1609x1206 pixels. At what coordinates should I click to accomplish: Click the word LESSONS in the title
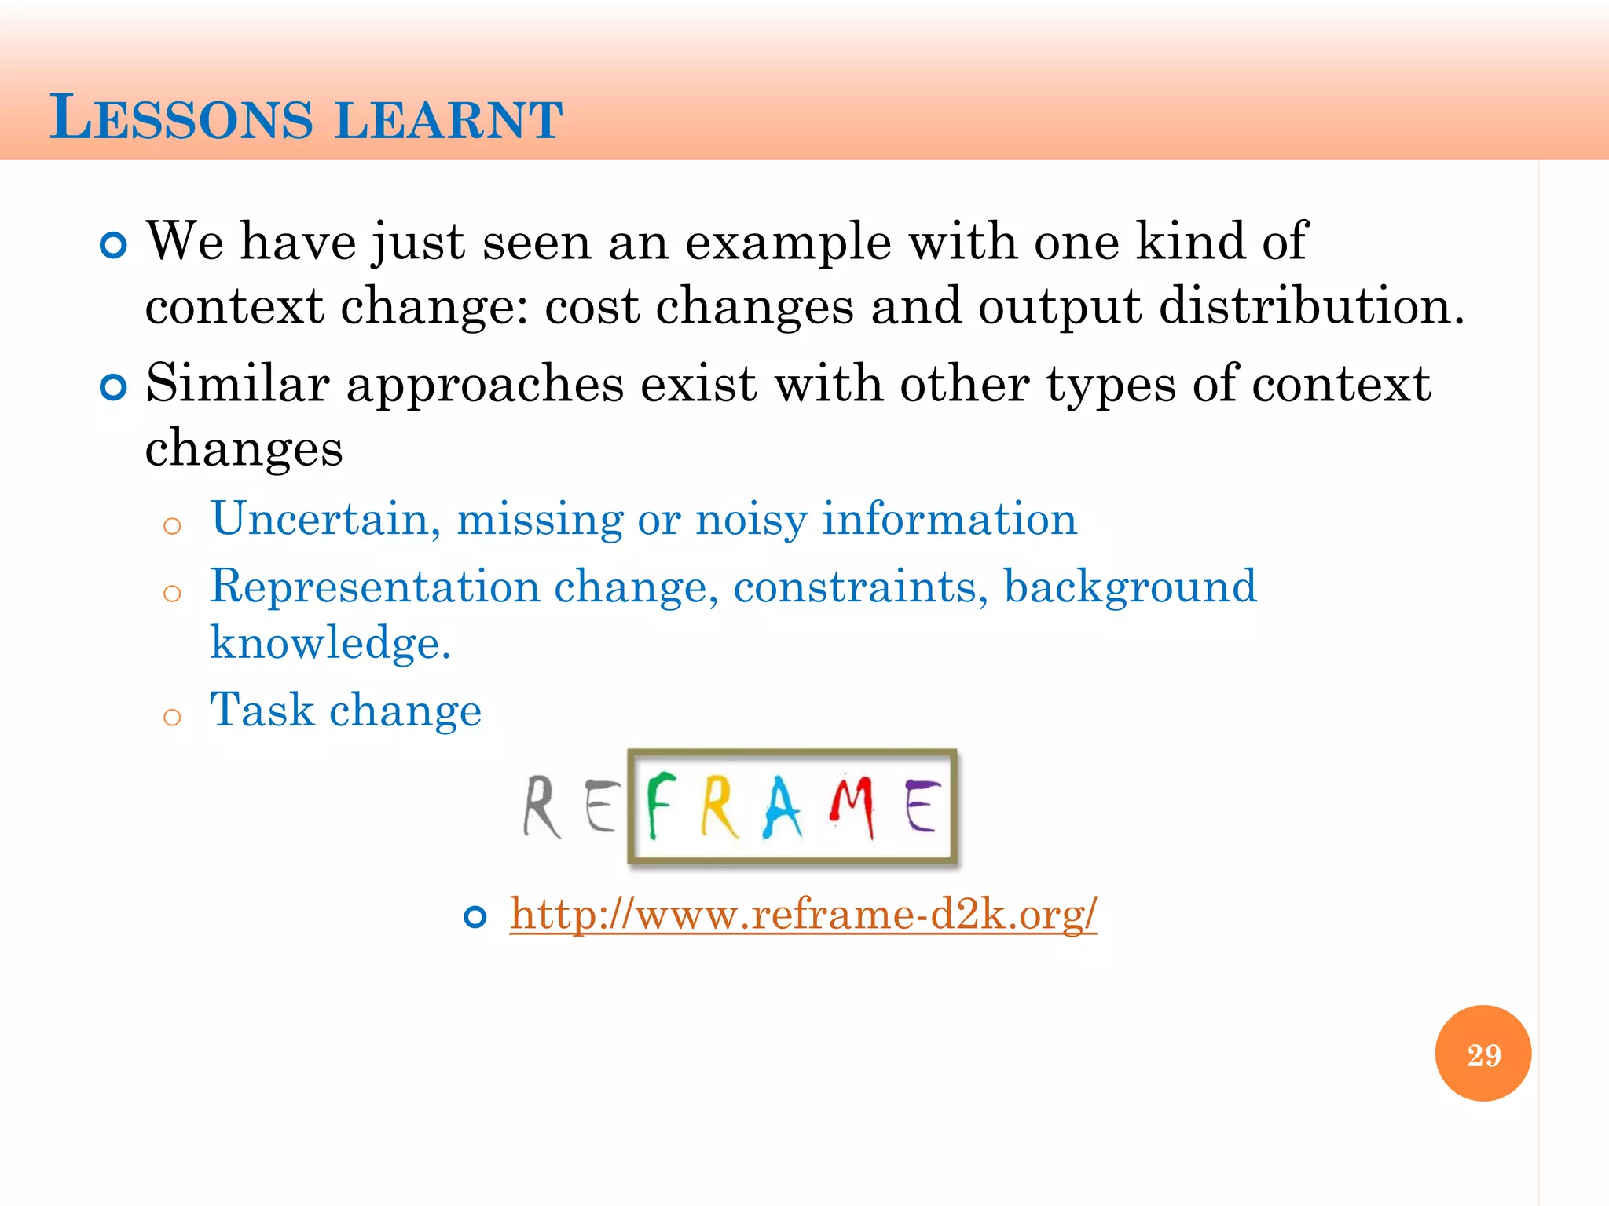181,119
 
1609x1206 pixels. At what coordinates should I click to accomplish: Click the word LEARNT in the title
449,120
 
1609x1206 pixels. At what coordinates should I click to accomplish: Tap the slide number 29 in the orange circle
1483,1054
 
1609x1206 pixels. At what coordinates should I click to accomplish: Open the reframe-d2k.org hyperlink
803,914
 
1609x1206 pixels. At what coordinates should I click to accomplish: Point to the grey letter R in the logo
542,807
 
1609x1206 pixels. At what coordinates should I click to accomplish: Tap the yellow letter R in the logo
720,807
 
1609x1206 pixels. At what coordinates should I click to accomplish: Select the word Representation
376,587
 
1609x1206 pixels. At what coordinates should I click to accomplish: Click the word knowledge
330,643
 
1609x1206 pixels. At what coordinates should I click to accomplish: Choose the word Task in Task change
262,710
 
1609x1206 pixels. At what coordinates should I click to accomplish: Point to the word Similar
237,384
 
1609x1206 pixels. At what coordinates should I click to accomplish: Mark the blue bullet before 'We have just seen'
114,246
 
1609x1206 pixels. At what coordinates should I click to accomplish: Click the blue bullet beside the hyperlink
475,916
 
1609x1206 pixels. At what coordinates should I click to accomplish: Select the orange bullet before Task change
172,717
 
